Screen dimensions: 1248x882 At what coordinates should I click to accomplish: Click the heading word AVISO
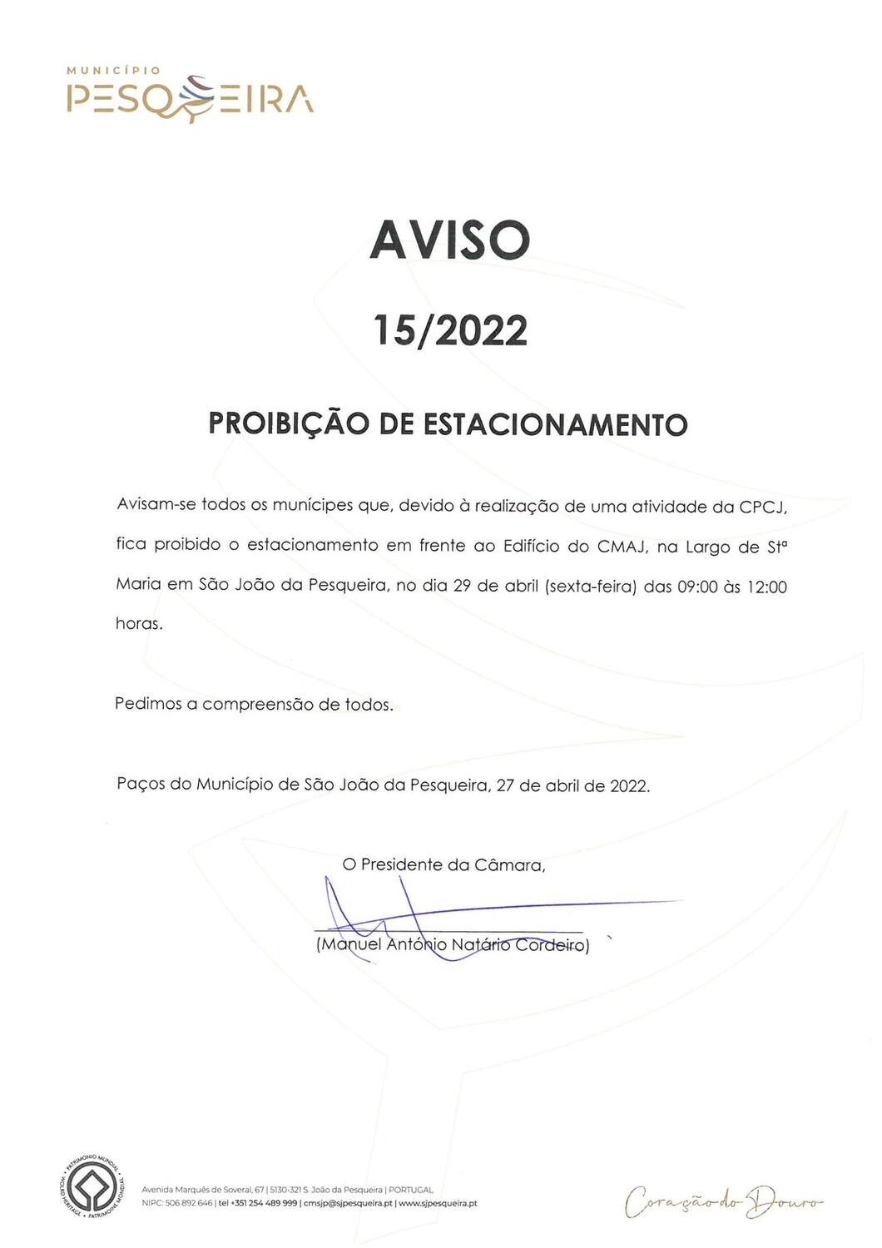tap(449, 240)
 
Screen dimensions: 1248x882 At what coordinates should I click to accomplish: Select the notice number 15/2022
tap(449, 330)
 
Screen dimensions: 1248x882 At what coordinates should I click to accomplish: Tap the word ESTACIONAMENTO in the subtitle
tap(555, 424)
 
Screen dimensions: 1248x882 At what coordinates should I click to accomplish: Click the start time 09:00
tap(698, 587)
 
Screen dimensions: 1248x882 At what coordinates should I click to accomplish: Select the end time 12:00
tap(766, 587)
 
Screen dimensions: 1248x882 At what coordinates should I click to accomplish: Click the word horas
tap(138, 623)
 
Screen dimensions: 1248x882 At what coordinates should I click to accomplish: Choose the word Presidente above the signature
tap(401, 865)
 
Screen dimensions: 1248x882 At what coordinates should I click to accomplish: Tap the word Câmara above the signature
tap(508, 865)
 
